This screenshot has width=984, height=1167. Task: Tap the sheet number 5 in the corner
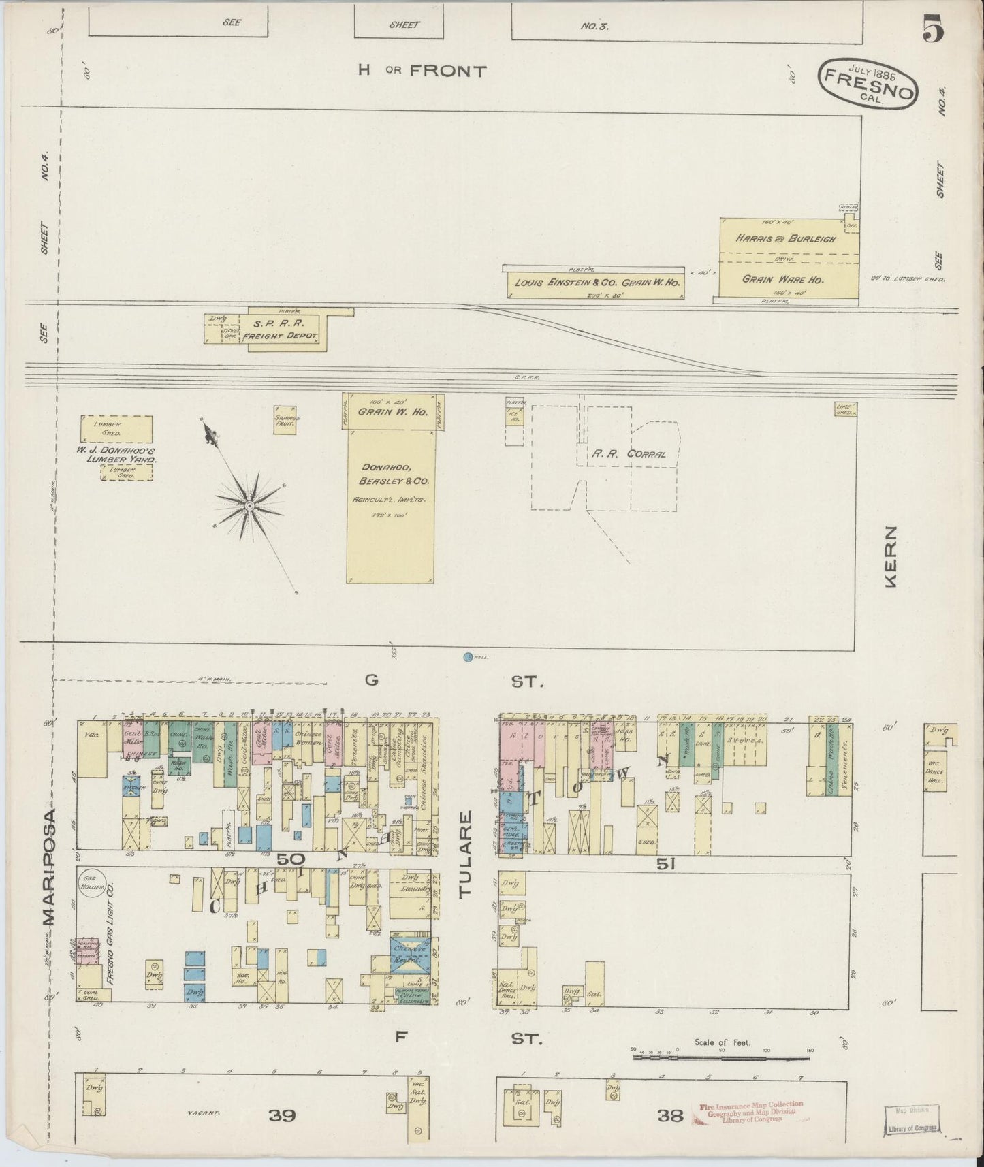point(934,29)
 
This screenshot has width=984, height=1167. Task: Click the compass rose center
point(250,505)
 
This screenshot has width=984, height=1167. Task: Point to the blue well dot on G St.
point(467,657)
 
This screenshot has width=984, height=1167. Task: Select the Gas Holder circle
point(89,881)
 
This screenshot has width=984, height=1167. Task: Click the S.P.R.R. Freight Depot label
point(280,330)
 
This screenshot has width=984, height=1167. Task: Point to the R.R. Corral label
point(628,454)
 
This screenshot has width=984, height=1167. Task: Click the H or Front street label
point(423,71)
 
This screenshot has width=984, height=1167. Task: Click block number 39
point(282,1115)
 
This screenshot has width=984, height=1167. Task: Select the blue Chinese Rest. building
point(409,955)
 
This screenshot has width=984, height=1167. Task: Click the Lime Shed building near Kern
point(844,409)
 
